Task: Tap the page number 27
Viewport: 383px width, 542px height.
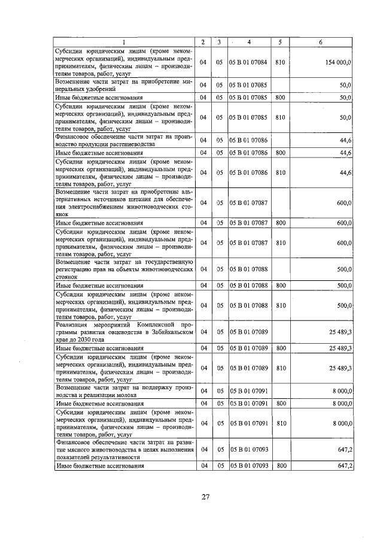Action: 205,496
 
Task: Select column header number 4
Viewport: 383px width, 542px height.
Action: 248,42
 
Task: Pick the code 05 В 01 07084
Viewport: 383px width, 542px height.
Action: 248,62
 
